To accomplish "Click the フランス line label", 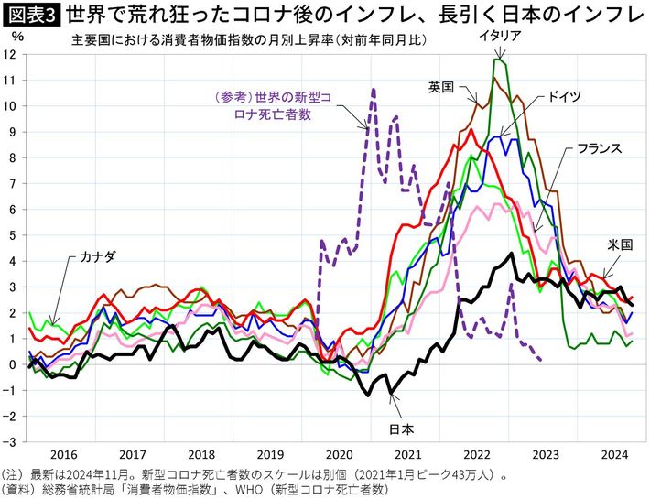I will pyautogui.click(x=599, y=147).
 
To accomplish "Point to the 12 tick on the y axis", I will pyautogui.click(x=12, y=54).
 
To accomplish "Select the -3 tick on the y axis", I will pyautogui.click(x=12, y=441).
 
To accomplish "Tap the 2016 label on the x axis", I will pyautogui.click(x=63, y=453).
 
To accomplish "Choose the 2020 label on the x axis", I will pyautogui.click(x=339, y=453).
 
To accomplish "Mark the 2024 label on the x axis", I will pyautogui.click(x=614, y=453).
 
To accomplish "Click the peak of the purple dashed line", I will pyautogui.click(x=374, y=90).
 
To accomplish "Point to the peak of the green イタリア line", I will pyautogui.click(x=498, y=60).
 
